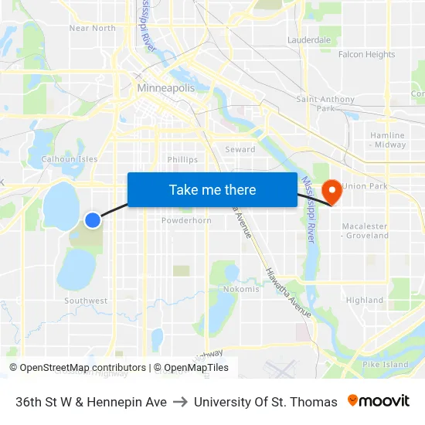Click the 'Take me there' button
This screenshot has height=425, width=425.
click(x=212, y=189)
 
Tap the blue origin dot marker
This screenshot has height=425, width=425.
click(x=92, y=220)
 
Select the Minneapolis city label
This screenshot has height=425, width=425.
click(x=165, y=88)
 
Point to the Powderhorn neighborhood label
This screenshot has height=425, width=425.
click(x=186, y=220)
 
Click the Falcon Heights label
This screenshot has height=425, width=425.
click(x=366, y=55)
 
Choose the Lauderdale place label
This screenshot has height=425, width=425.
click(x=308, y=39)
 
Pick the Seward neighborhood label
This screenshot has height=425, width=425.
click(x=240, y=149)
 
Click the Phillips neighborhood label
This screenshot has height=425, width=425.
click(x=182, y=160)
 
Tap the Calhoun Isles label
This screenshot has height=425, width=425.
click(x=70, y=159)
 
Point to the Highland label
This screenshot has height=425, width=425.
click(x=364, y=300)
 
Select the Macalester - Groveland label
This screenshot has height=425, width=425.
click(x=366, y=230)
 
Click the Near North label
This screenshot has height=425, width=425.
click(x=92, y=28)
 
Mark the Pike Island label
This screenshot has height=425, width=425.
click(x=385, y=364)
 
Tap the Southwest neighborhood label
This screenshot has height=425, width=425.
click(x=86, y=301)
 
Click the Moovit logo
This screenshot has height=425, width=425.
click(x=378, y=401)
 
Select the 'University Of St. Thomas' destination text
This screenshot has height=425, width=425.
click(x=265, y=402)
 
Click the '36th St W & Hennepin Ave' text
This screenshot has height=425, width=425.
click(x=91, y=402)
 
